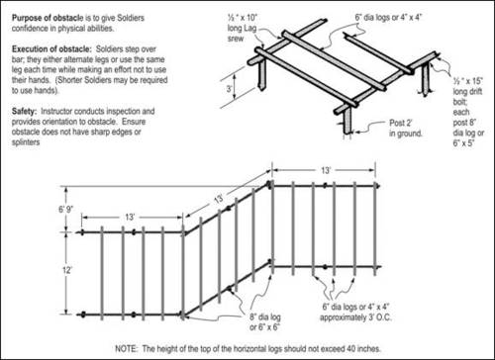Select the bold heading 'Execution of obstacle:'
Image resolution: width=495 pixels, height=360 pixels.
tap(51, 49)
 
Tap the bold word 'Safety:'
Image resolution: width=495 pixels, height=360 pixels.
tap(24, 111)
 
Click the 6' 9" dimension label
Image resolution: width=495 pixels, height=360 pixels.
tap(66, 210)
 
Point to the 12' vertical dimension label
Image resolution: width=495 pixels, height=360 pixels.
tap(67, 270)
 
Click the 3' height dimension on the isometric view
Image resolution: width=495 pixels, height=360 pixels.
tap(229, 89)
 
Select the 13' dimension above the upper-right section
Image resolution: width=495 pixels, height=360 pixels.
tap(326, 170)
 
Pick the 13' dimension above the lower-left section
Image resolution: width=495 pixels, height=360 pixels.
tap(130, 217)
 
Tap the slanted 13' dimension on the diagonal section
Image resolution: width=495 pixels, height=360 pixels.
tap(219, 199)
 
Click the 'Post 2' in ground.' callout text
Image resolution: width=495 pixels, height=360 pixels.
tap(406, 129)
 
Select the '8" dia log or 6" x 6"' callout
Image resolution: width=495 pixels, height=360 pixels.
tap(264, 322)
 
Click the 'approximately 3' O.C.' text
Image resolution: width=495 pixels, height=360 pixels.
tap(355, 317)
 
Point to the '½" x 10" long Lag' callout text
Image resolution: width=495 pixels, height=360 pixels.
tap(242, 23)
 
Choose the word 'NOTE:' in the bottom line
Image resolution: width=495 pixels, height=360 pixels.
tap(127, 348)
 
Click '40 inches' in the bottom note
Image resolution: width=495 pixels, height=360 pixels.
tap(363, 348)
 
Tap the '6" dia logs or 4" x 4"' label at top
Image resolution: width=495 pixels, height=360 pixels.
tap(388, 18)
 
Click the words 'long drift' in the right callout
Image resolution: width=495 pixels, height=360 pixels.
tap(467, 92)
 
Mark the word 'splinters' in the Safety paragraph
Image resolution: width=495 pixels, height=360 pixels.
tap(26, 142)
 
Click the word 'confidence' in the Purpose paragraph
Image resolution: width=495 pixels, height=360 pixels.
tap(29, 29)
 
